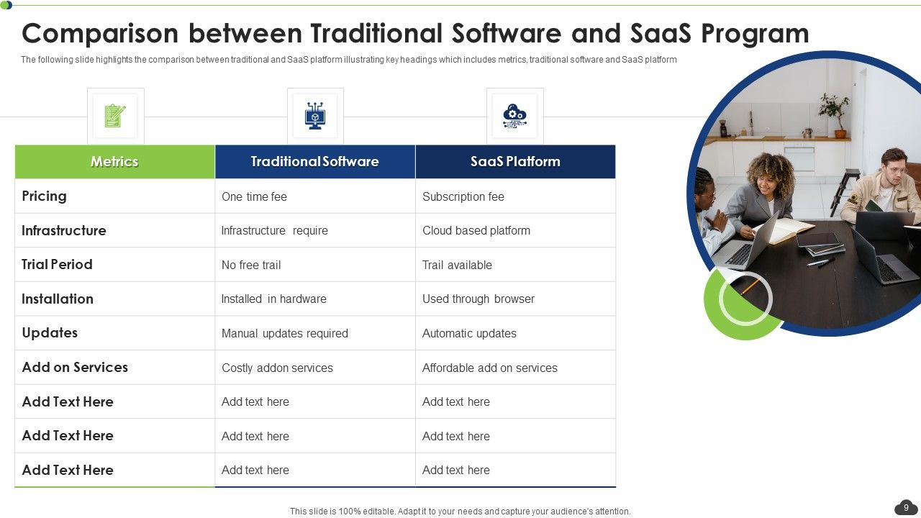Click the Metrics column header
pos(114,162)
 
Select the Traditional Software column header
pos(314,162)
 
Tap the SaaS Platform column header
pos(515,162)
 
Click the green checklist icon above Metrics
pos(115,116)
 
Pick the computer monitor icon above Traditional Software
pos(315,116)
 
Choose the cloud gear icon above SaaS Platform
pos(514,116)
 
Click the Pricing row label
pos(44,196)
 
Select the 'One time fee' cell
pos(254,196)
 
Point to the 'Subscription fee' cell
pos(463,196)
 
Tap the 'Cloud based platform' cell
pos(476,231)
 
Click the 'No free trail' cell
pos(251,265)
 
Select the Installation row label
pos(58,299)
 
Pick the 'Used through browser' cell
pos(478,299)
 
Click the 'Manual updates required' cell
pos(284,333)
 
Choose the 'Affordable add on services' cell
pos(489,368)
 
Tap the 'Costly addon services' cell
pos(277,368)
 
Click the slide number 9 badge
pos(906,508)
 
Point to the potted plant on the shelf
pos(835,112)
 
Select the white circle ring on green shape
pos(745,298)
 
